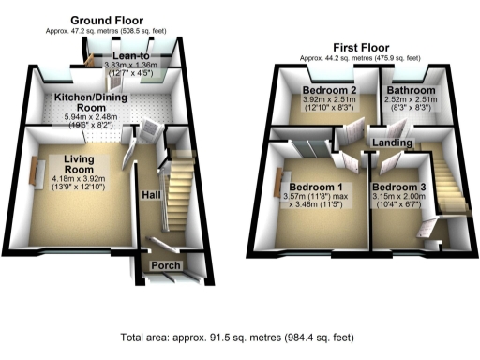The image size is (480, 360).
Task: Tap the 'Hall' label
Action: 149,194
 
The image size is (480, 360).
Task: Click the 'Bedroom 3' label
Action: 404,187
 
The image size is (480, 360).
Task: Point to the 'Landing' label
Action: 391,142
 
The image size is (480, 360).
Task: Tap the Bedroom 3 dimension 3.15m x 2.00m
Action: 404,199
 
